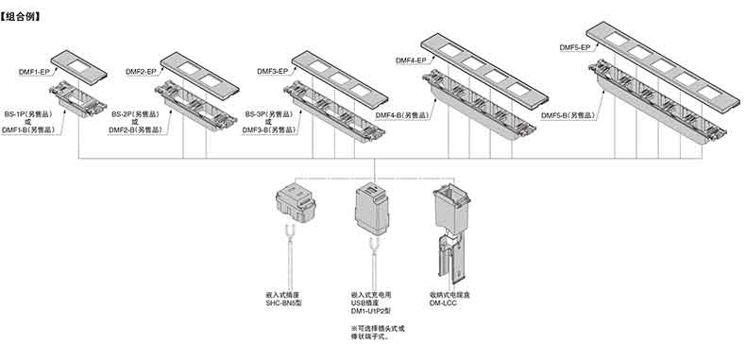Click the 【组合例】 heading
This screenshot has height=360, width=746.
[x=21, y=17]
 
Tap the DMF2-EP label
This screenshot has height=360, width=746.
[x=141, y=72]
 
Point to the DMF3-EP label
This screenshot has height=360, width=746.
[x=273, y=72]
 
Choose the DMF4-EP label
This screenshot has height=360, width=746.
[x=411, y=60]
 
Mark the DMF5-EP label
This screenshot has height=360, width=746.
[x=575, y=47]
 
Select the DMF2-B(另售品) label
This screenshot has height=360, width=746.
[x=135, y=129]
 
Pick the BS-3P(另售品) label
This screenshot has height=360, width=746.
[x=269, y=114]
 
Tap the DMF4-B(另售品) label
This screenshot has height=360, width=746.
[x=402, y=115]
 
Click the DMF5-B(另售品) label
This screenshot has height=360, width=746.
[x=568, y=115]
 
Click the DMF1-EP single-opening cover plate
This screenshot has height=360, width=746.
[x=78, y=67]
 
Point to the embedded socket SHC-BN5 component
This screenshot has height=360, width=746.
[x=296, y=202]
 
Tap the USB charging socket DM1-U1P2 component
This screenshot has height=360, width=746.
[x=371, y=210]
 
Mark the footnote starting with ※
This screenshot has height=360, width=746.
[x=378, y=333]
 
